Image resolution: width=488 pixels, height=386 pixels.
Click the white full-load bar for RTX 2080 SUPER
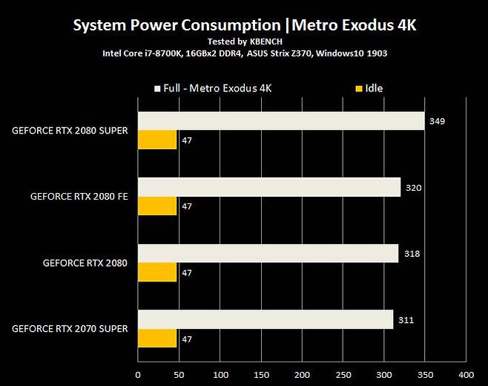(x=281, y=120)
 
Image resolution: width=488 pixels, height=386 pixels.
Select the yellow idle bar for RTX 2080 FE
(x=157, y=206)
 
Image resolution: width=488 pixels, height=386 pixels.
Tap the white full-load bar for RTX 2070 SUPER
(x=266, y=319)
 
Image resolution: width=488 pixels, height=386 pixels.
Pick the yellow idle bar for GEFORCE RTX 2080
(x=157, y=272)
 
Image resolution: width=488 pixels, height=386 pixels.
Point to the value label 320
(x=413, y=188)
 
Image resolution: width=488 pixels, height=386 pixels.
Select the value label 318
(x=411, y=254)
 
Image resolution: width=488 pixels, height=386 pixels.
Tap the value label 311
(x=406, y=320)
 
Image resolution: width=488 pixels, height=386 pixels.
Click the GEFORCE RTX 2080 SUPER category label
(x=70, y=131)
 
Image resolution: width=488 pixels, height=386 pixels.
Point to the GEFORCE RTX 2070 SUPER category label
(x=70, y=329)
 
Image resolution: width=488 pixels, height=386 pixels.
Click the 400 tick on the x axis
(x=466, y=375)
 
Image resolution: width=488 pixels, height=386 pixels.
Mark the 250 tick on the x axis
(x=343, y=375)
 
